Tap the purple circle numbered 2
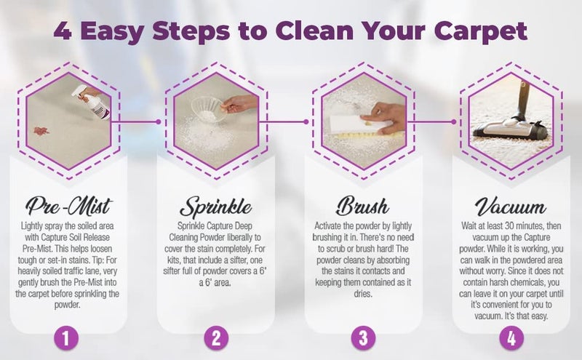(x=215, y=337)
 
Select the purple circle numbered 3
(x=363, y=337)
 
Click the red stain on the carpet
(x=41, y=131)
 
